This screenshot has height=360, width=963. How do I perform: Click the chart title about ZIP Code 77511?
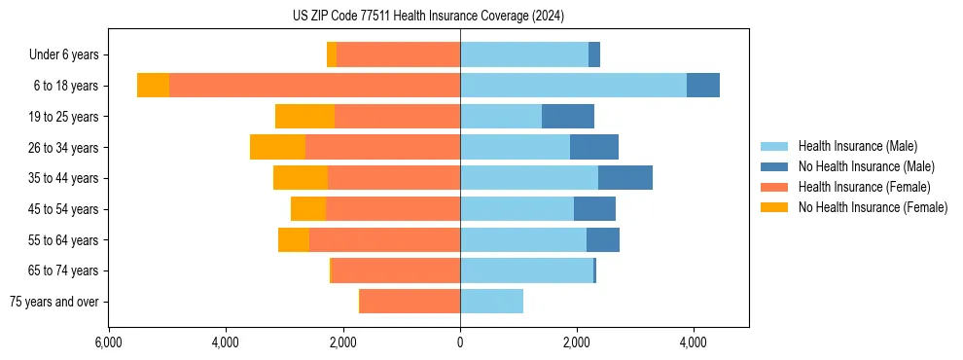pyautogui.click(x=428, y=16)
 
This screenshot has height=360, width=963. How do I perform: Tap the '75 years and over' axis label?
pyautogui.click(x=54, y=302)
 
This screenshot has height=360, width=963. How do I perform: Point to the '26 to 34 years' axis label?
pyautogui.click(x=63, y=148)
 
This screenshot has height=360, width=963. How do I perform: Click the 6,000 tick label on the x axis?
pyautogui.click(x=108, y=342)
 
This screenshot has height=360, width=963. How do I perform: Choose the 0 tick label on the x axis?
pyautogui.click(x=460, y=342)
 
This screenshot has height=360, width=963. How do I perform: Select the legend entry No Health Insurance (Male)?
pyautogui.click(x=865, y=166)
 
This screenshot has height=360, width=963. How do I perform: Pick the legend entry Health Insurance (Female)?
pyautogui.click(x=859, y=187)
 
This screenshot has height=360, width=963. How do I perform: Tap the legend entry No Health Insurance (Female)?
pyautogui.click(x=872, y=207)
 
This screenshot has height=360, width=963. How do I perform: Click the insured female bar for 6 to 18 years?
pyautogui.click(x=314, y=86)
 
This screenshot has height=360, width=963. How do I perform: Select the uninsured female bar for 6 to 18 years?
pyautogui.click(x=153, y=86)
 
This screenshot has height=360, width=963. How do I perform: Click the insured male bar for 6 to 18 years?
pyautogui.click(x=573, y=86)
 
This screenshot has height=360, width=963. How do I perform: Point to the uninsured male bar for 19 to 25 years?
pyautogui.click(x=567, y=117)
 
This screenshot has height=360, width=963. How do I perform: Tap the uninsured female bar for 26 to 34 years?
pyautogui.click(x=277, y=147)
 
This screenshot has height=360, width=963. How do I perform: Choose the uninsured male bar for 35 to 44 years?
pyautogui.click(x=624, y=178)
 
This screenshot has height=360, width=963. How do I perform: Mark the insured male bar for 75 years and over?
pyautogui.click(x=491, y=302)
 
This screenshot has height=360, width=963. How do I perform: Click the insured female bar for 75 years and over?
pyautogui.click(x=410, y=302)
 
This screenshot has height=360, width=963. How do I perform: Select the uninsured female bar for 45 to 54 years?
pyautogui.click(x=307, y=209)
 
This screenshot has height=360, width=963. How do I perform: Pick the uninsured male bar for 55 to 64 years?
pyautogui.click(x=602, y=240)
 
